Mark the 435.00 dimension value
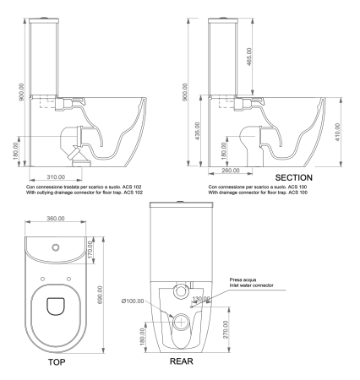(x=198, y=125)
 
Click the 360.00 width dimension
(x=56, y=220)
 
